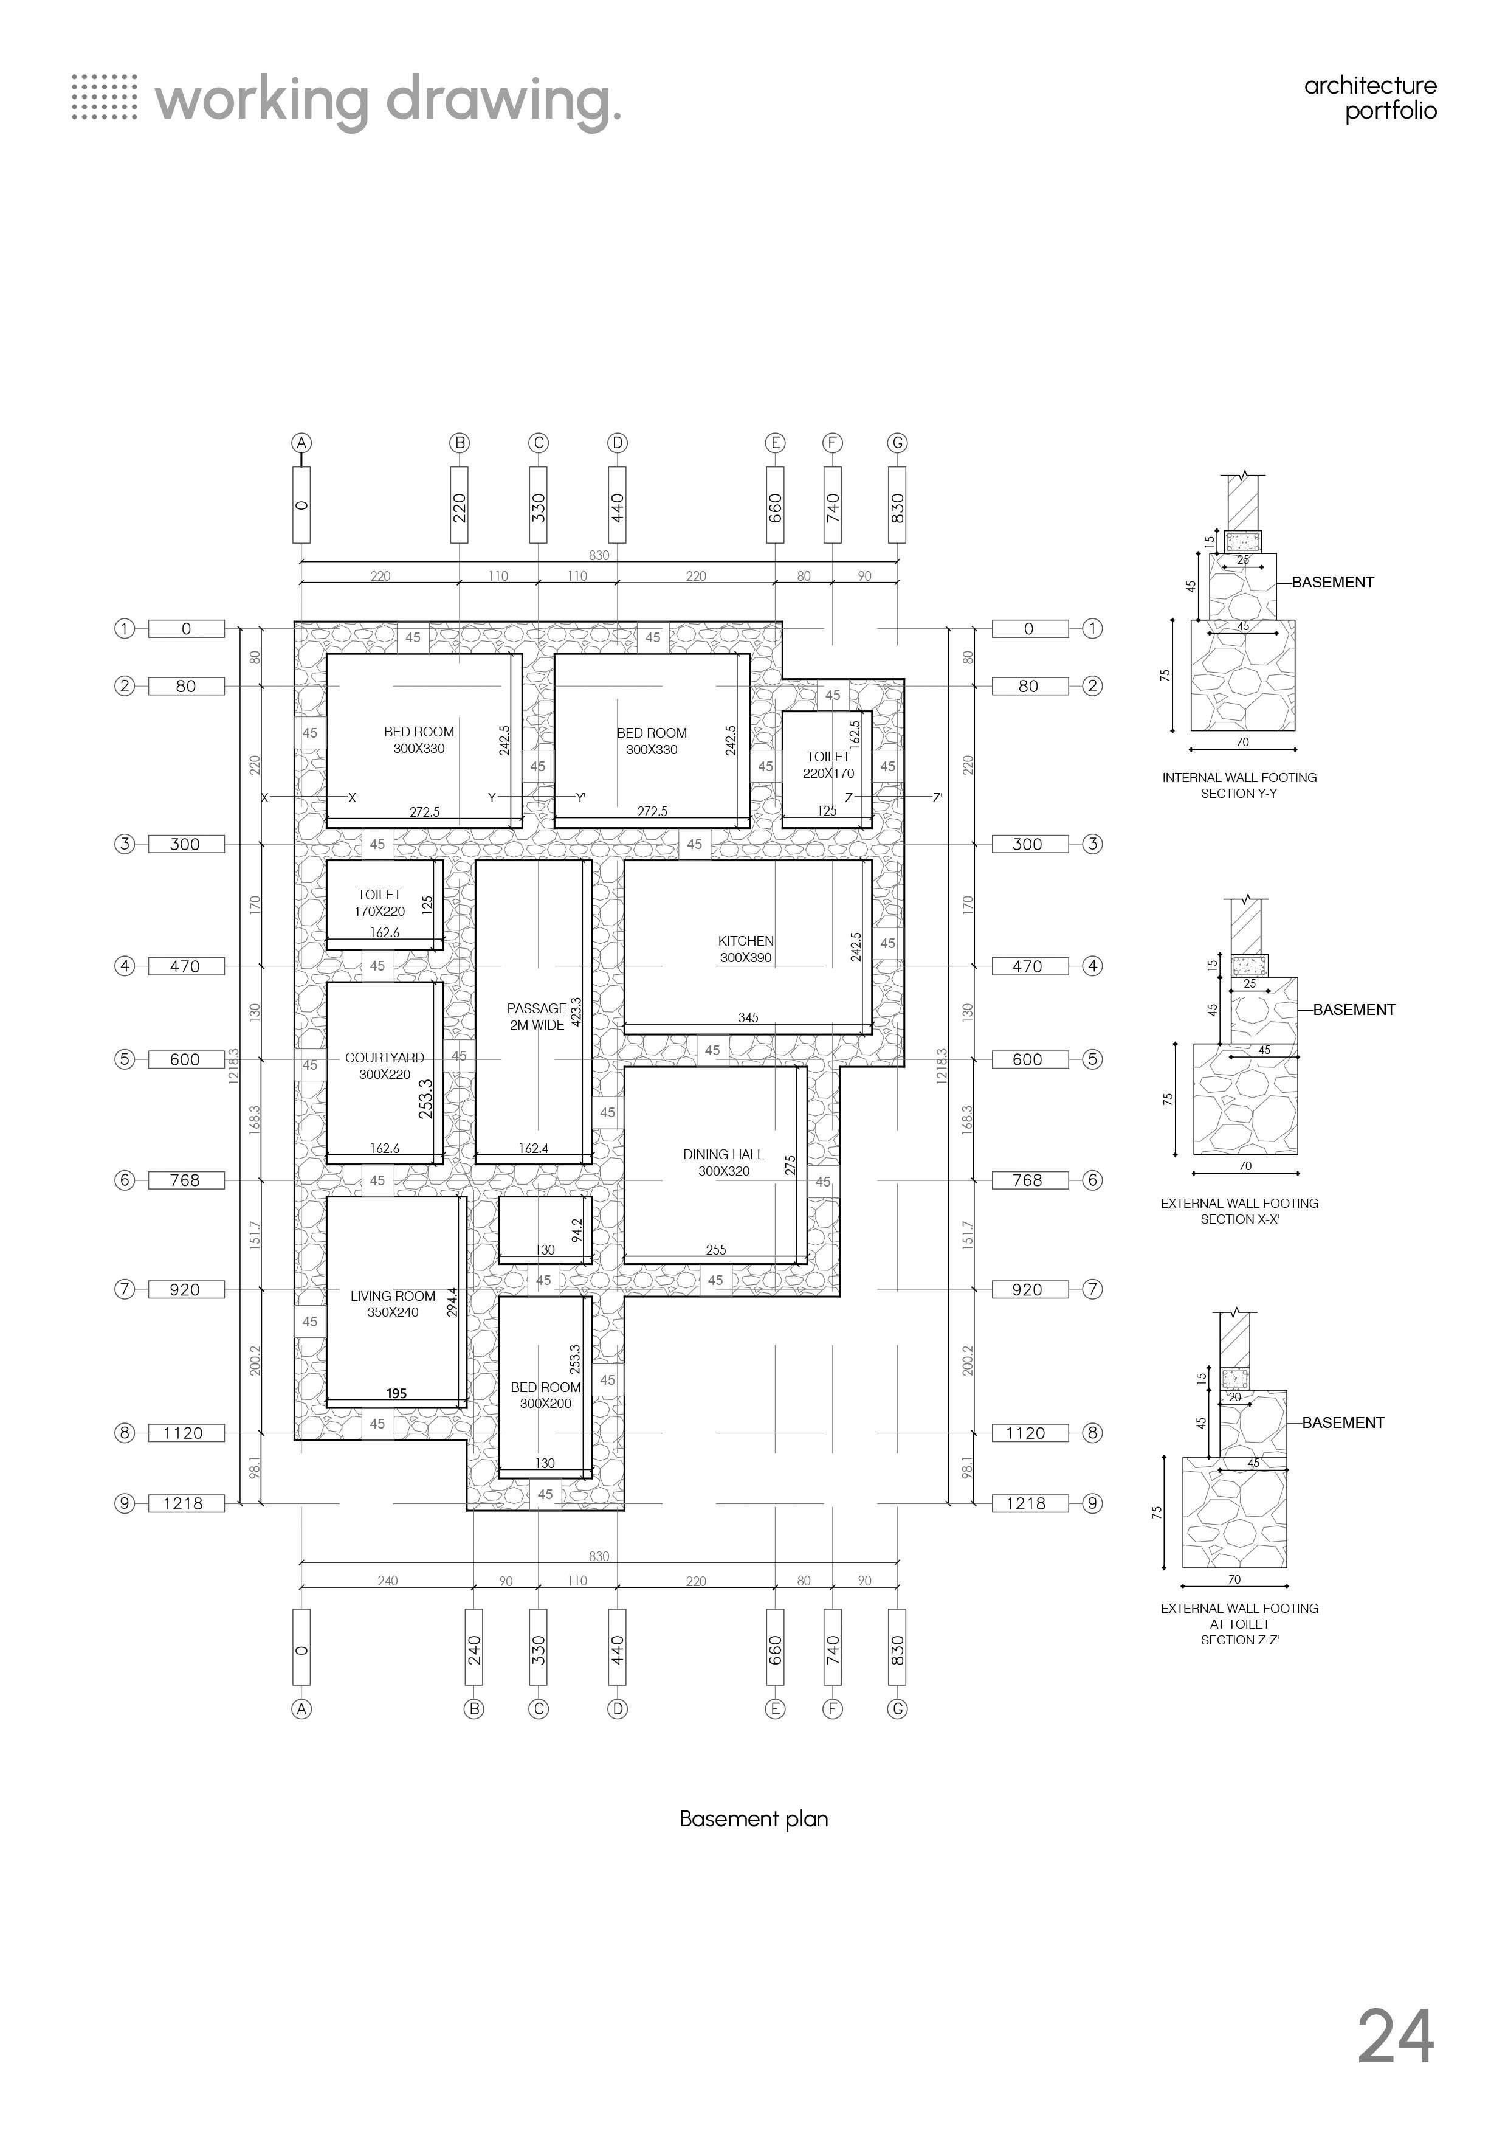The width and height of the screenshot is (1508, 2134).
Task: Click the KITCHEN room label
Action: pyautogui.click(x=745, y=949)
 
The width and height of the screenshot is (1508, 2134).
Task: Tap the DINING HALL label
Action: pyautogui.click(x=723, y=1162)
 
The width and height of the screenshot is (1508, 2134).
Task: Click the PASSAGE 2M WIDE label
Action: pyautogui.click(x=536, y=1016)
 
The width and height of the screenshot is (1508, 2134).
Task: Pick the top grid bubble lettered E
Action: pyautogui.click(x=775, y=443)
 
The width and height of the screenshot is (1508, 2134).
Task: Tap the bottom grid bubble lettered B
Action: pyautogui.click(x=474, y=1708)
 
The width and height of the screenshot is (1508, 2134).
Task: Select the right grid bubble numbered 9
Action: pyautogui.click(x=1093, y=1503)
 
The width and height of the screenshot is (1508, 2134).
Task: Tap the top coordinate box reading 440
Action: pyautogui.click(x=617, y=505)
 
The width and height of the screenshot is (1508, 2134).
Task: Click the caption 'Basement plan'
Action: pyautogui.click(x=754, y=1819)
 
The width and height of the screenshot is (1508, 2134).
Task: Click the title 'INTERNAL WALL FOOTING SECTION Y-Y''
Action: pyautogui.click(x=1239, y=785)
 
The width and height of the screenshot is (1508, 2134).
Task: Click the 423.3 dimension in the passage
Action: pyautogui.click(x=576, y=1011)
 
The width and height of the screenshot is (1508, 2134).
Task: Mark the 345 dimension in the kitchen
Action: pyautogui.click(x=748, y=1017)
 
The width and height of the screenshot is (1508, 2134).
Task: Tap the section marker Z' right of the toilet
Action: pyautogui.click(x=937, y=797)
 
